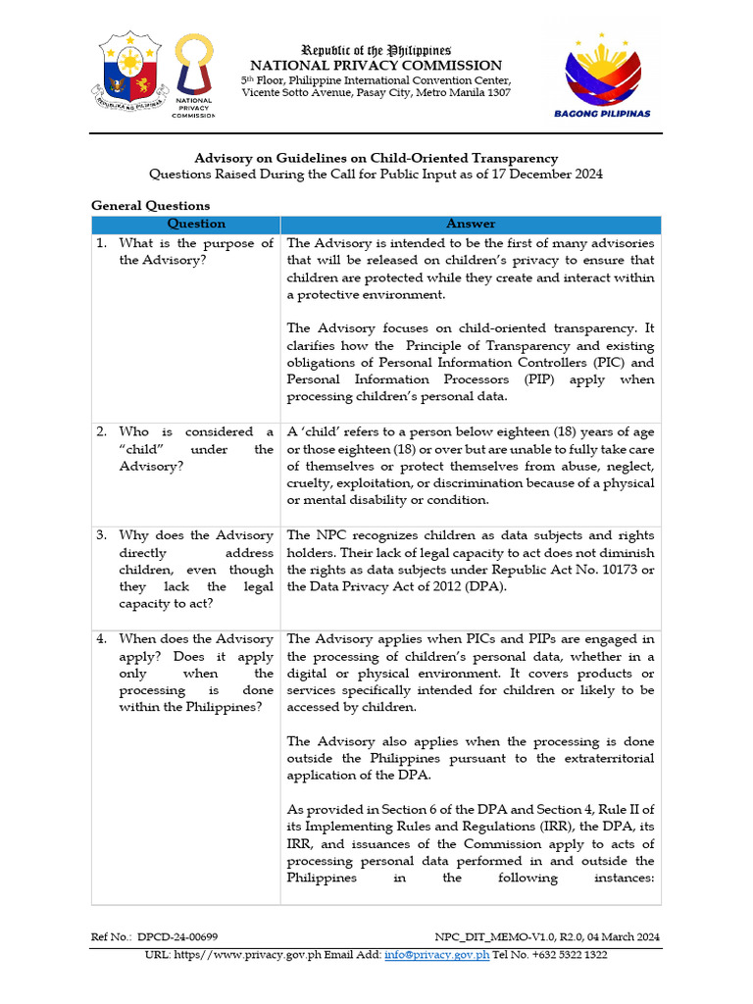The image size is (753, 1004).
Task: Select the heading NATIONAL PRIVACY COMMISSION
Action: [x=376, y=66]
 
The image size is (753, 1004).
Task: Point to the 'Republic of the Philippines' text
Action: [x=376, y=49]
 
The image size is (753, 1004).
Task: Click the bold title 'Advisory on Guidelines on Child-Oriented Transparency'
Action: [x=376, y=158]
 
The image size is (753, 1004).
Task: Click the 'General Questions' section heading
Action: [x=150, y=206]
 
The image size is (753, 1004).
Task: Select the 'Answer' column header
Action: [x=471, y=225]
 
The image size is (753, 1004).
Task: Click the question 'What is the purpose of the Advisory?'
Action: [x=196, y=252]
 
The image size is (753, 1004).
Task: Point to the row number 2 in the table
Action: [x=101, y=432]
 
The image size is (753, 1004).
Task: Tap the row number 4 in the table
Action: [x=101, y=639]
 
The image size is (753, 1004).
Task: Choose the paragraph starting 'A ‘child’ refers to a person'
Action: [x=471, y=466]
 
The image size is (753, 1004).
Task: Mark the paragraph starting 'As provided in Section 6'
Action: [x=471, y=843]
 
